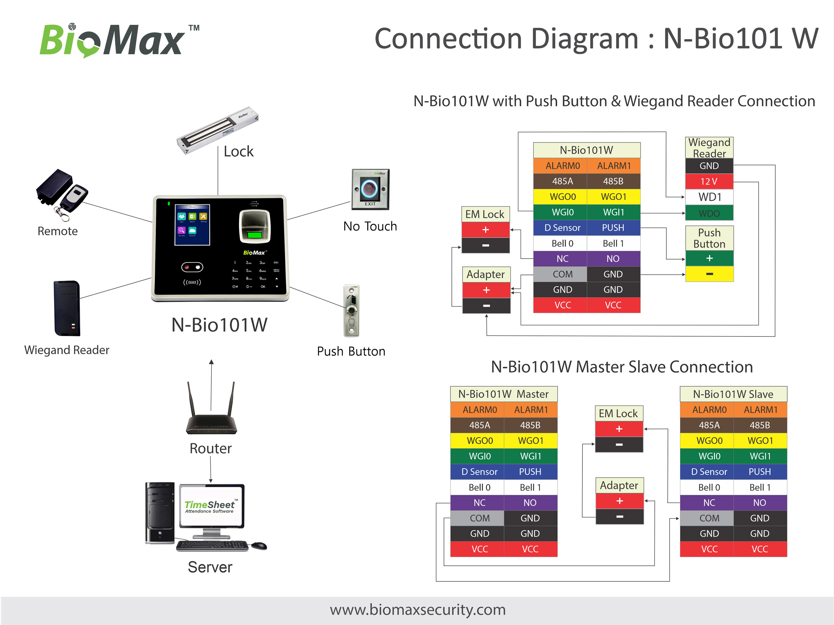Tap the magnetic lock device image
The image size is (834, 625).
click(218, 130)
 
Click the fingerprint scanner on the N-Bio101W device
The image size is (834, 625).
click(255, 227)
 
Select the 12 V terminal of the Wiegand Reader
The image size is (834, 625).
click(709, 181)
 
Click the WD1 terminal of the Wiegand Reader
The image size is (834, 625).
click(709, 197)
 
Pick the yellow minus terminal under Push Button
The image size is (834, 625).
click(709, 274)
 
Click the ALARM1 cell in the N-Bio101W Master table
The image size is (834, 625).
click(531, 410)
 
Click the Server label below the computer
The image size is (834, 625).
click(210, 567)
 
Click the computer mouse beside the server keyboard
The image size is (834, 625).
click(259, 545)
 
